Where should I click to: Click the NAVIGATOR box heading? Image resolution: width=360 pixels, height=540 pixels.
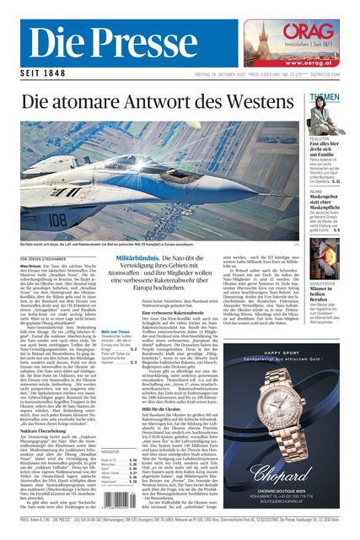point(110,452)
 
